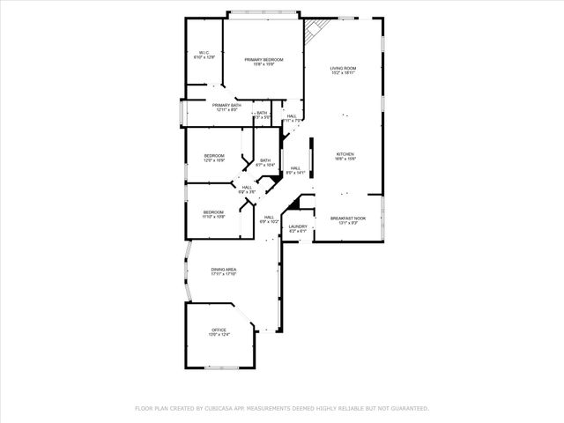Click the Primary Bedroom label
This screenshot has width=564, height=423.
[263, 59]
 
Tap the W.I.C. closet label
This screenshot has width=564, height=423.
[204, 52]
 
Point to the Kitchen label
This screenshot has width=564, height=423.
[345, 154]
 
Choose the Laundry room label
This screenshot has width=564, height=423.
[298, 226]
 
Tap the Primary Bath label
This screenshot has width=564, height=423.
[226, 105]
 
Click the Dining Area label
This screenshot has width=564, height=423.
[223, 269]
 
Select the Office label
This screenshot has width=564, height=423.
[219, 330]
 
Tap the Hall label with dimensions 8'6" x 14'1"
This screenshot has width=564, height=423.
[295, 170]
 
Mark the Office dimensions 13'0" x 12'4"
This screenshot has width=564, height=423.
[219, 335]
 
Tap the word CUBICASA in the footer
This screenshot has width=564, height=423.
[225, 408]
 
